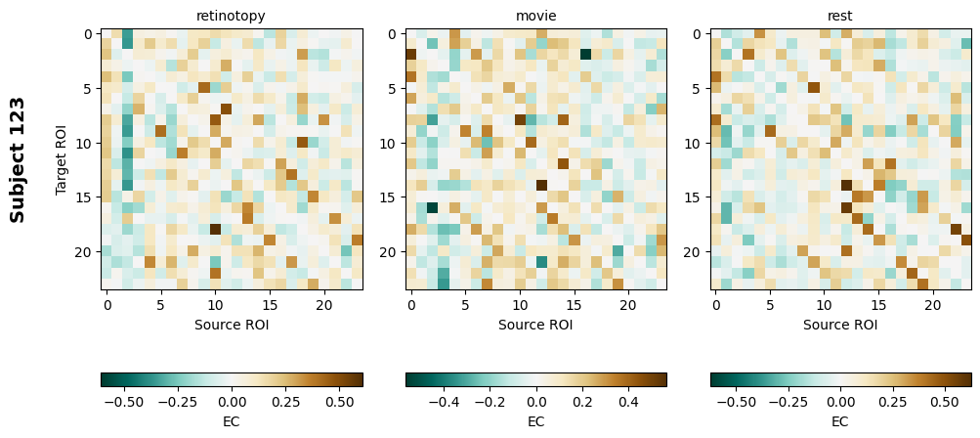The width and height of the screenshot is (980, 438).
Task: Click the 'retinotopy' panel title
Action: pos(231,16)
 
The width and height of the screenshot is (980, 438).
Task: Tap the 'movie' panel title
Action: pos(535,16)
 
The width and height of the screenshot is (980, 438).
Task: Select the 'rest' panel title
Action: pos(840,16)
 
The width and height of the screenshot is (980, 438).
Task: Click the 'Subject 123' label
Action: pos(18,159)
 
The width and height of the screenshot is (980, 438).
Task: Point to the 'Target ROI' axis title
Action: pos(62,159)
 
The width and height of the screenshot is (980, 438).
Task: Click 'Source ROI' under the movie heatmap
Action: pos(535,325)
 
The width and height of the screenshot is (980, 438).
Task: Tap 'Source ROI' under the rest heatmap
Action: pos(840,325)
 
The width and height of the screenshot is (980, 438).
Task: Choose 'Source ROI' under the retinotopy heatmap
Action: pos(231,325)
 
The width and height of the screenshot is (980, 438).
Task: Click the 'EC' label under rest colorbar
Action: pos(840,421)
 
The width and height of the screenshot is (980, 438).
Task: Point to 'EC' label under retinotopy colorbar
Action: pos(231,421)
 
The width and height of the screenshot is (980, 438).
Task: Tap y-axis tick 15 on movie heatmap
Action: pos(392,197)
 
